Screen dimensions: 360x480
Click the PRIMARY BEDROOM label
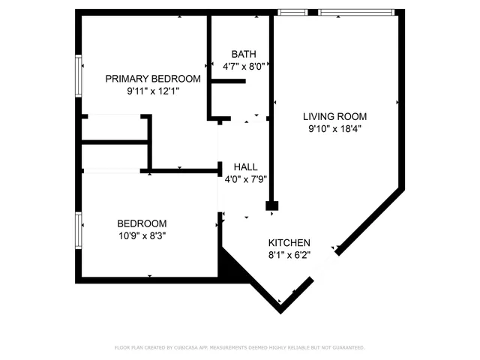[x=152, y=79]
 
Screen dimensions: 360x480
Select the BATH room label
[x=243, y=54]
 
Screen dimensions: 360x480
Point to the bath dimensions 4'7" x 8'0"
[x=243, y=66]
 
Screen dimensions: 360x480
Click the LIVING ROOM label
[x=334, y=116]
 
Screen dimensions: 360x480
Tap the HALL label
[x=246, y=167]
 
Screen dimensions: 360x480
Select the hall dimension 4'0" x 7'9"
[x=246, y=179]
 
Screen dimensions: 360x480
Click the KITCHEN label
[x=289, y=243]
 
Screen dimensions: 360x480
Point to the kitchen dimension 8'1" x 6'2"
[x=289, y=255]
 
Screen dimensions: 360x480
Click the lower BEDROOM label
[x=142, y=223]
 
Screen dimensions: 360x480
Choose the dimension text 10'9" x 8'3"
[x=142, y=235]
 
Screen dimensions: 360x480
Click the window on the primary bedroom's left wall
[x=78, y=76]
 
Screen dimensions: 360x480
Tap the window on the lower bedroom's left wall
[x=78, y=230]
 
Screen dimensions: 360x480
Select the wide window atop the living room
[x=355, y=12]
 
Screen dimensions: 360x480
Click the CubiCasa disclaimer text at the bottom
[x=239, y=348]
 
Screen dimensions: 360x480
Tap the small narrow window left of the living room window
[x=287, y=12]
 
